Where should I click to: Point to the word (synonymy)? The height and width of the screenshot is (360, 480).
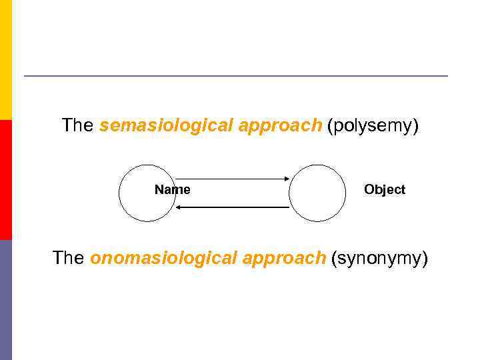379,259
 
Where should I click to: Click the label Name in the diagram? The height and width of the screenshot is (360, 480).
172,190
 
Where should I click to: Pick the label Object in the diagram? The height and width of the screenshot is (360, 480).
385,190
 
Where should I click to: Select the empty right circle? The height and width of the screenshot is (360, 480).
317,193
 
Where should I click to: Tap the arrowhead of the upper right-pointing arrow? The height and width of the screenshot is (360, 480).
286,179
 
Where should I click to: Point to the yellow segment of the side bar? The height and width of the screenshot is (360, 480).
6,60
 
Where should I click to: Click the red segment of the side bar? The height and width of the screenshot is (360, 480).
6,180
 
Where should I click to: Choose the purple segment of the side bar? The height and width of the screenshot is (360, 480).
6,300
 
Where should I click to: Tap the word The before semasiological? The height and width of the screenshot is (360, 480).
77,125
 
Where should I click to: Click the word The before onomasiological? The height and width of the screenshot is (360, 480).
68,258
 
